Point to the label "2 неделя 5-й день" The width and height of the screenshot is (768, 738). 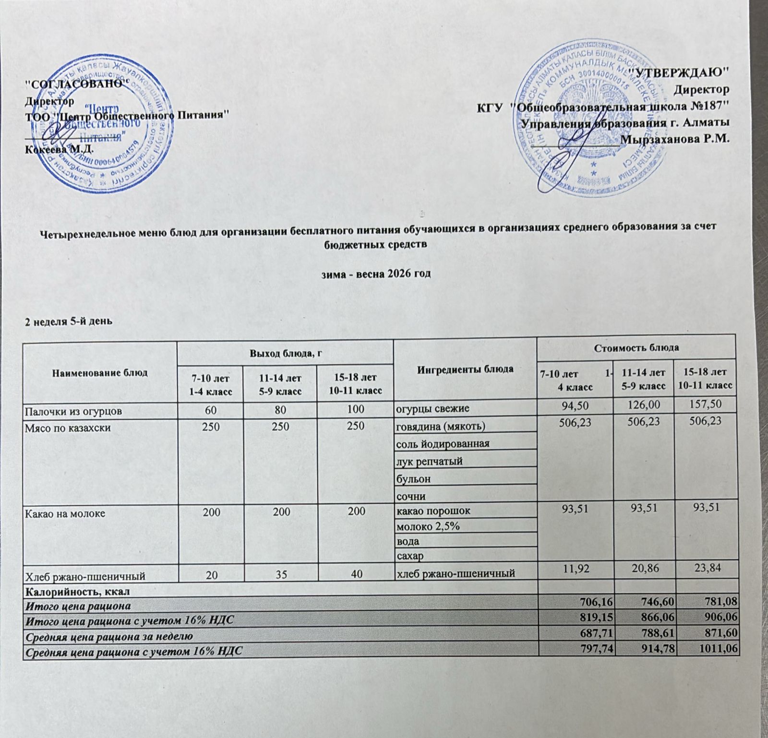coord(69,321)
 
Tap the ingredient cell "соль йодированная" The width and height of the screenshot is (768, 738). coord(442,443)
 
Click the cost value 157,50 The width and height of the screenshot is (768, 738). coord(704,406)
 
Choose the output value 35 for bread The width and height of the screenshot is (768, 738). coord(280,572)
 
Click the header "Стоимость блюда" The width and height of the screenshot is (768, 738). coord(636,347)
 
